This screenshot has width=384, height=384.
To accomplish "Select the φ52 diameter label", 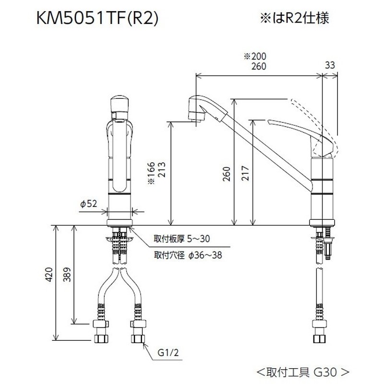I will click(89, 204).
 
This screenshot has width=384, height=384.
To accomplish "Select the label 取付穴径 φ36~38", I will click(188, 255).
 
